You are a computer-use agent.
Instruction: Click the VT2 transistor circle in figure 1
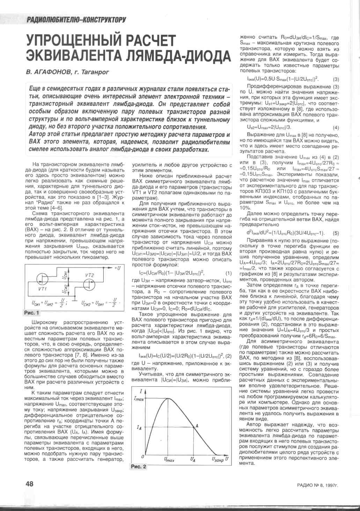[89, 284]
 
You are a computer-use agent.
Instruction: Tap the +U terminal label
[118, 268]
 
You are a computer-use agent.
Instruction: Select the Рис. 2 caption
[139, 466]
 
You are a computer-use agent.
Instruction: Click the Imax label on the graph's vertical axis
[139, 398]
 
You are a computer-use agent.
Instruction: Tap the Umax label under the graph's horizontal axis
[169, 460]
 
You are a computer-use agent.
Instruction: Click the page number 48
[29, 483]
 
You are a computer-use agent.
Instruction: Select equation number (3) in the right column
[336, 79]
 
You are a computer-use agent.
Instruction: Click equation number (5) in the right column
[336, 233]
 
